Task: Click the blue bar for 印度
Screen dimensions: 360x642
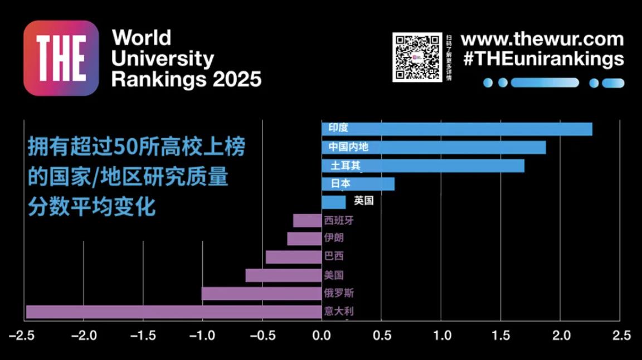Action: click(x=457, y=129)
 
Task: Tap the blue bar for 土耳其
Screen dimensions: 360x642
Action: click(x=423, y=166)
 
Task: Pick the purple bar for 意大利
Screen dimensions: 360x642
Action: click(x=174, y=312)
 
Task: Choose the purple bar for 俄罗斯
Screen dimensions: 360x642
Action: click(x=261, y=293)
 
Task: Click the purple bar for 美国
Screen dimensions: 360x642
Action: click(x=284, y=275)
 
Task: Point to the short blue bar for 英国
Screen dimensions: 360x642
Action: click(x=333, y=202)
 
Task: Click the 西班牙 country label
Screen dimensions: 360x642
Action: click(x=339, y=220)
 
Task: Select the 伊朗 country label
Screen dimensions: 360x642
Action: click(x=334, y=238)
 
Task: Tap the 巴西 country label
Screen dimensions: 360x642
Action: click(x=334, y=256)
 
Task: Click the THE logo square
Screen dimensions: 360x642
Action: click(x=61, y=58)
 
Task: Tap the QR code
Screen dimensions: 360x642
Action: click(x=417, y=57)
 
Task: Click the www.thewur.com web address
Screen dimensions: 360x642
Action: click(x=542, y=40)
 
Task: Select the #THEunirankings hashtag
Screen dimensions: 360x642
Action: click(x=543, y=59)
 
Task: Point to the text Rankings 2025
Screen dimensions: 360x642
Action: click(x=186, y=79)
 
